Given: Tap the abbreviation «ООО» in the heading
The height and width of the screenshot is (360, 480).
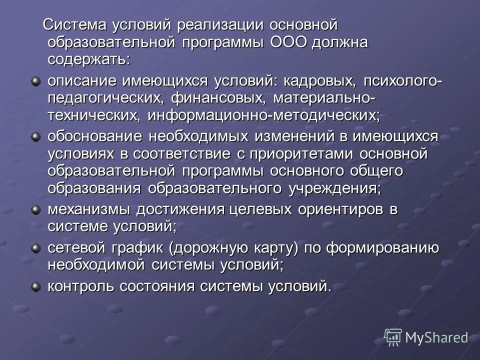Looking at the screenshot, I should coord(289,42).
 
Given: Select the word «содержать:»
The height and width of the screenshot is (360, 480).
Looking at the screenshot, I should coord(89,59).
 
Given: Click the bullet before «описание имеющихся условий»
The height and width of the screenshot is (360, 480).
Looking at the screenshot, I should coord(35,80).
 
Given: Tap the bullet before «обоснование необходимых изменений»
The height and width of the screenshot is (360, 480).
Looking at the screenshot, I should coord(35,136).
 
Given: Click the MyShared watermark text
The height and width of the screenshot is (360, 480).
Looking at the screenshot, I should coord(436,337).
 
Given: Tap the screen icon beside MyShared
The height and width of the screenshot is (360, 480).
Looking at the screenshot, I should coord(393,337).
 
